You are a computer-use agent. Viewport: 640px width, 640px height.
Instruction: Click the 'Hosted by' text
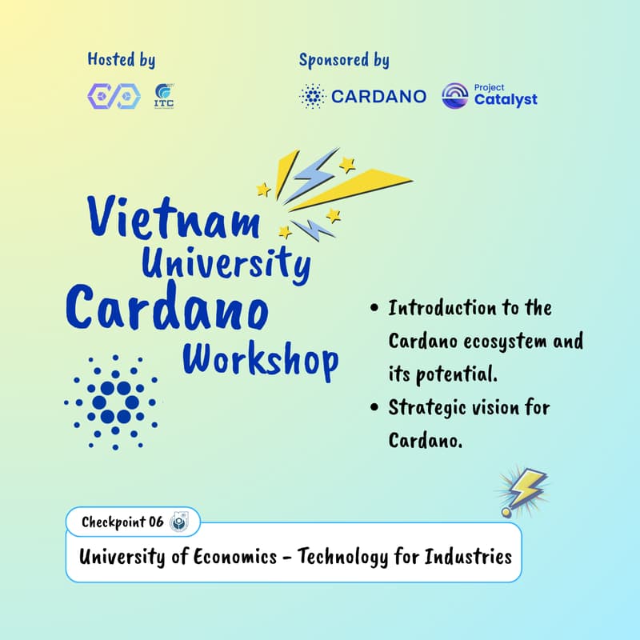coord(121,60)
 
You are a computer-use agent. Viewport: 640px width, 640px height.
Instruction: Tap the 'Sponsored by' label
coord(344,60)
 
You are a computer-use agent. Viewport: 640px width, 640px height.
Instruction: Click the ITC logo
coord(166,96)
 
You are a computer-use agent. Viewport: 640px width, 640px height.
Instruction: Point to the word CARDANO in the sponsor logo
coord(378,97)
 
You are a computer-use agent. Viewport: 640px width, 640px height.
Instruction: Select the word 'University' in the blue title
coord(226,261)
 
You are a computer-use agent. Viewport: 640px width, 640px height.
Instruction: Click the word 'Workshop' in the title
coord(261,359)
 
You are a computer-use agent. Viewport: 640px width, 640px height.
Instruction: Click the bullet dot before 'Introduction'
coord(374,309)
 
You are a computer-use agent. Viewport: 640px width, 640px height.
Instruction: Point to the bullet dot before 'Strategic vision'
coord(374,408)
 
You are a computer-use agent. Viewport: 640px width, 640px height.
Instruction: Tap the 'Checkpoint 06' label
coord(122,522)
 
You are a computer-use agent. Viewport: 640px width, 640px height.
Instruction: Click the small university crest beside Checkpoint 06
coord(178,522)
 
